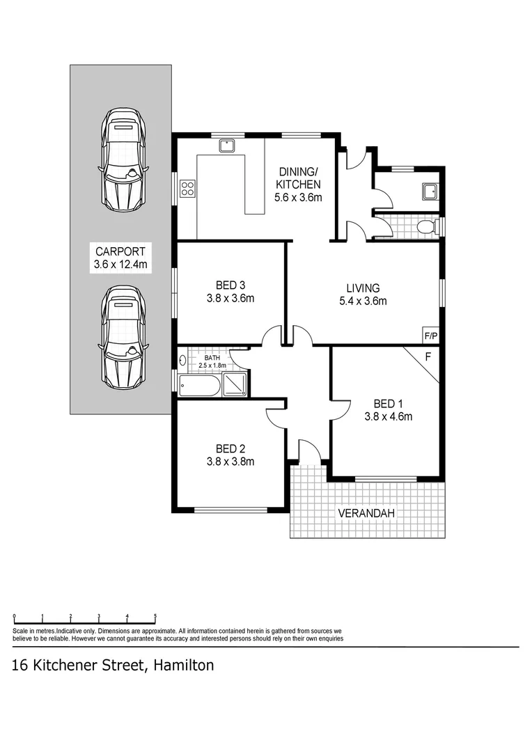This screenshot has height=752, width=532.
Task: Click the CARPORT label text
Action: point(120,251)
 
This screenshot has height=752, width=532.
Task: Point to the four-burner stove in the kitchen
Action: point(188,187)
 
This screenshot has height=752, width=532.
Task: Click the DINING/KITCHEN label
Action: point(299,178)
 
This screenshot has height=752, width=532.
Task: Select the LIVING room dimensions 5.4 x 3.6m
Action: point(363,301)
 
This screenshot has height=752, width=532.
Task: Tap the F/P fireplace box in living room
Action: point(431,336)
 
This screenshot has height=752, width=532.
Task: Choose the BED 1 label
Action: point(388,404)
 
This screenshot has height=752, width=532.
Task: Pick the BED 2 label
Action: point(230,448)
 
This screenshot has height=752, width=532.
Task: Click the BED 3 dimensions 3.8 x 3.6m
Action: point(230,298)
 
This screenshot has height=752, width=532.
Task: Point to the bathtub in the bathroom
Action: point(200,386)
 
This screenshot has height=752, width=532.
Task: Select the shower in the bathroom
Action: point(235,385)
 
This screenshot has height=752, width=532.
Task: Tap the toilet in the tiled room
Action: point(426,227)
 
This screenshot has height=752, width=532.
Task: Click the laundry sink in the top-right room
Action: point(429,190)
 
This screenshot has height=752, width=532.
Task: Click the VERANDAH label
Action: point(366,513)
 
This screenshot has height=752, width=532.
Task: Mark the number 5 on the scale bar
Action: point(155,616)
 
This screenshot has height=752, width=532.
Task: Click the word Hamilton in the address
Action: point(182,665)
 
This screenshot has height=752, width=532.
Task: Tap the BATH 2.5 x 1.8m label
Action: point(212,361)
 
